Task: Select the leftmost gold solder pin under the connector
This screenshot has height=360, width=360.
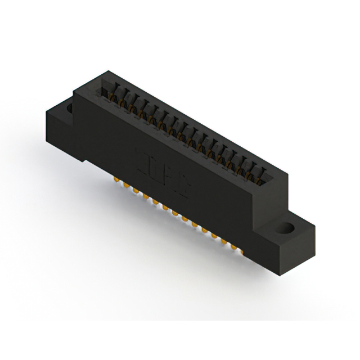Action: (116, 180)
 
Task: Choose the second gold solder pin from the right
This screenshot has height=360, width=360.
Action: (224, 241)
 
